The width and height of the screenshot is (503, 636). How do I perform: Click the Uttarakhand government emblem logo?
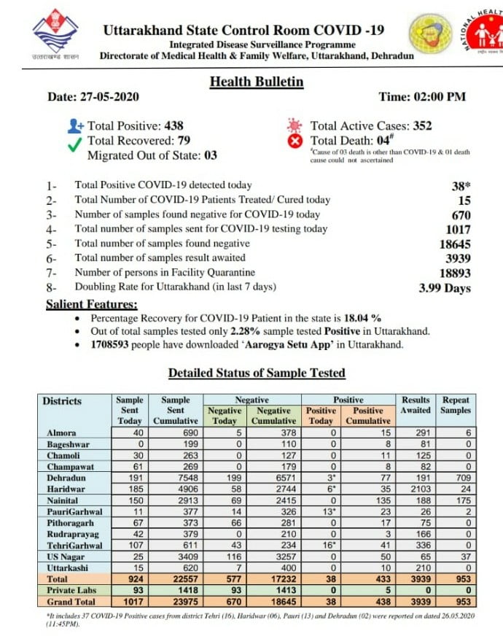pos(55,35)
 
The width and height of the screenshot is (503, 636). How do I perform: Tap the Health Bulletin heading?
pos(257,82)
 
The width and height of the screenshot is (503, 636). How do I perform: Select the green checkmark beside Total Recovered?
pos(75,144)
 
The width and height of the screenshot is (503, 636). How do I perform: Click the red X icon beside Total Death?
pos(295,141)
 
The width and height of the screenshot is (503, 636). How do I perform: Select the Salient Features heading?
pos(91,304)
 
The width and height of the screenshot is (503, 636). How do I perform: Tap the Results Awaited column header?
pos(416,405)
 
